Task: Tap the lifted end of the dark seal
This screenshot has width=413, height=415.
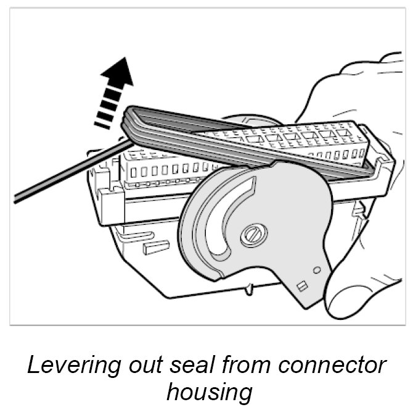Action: coord(133,120)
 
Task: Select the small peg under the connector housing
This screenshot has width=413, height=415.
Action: coord(248,288)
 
